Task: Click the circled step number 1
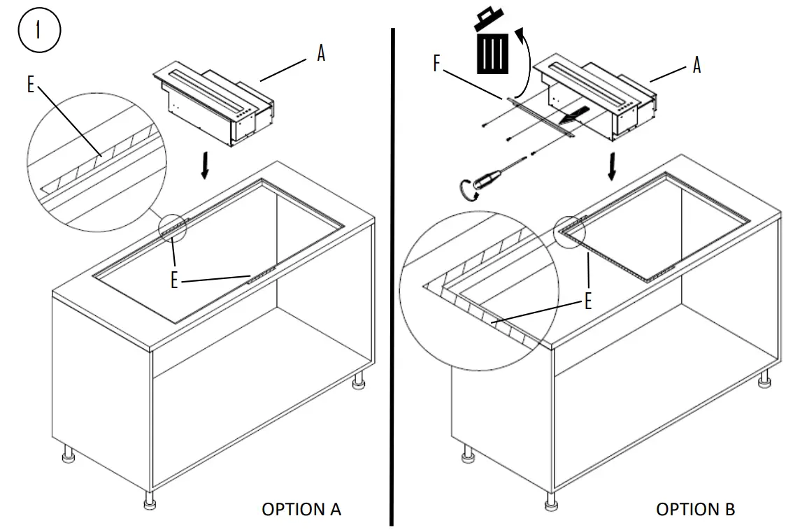coord(40,32)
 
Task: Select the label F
coord(437,64)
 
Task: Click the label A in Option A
coord(321,54)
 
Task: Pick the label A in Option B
coord(696,65)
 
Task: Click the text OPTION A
coord(301,509)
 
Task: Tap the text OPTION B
coord(695,509)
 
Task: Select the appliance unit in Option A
coord(213,105)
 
